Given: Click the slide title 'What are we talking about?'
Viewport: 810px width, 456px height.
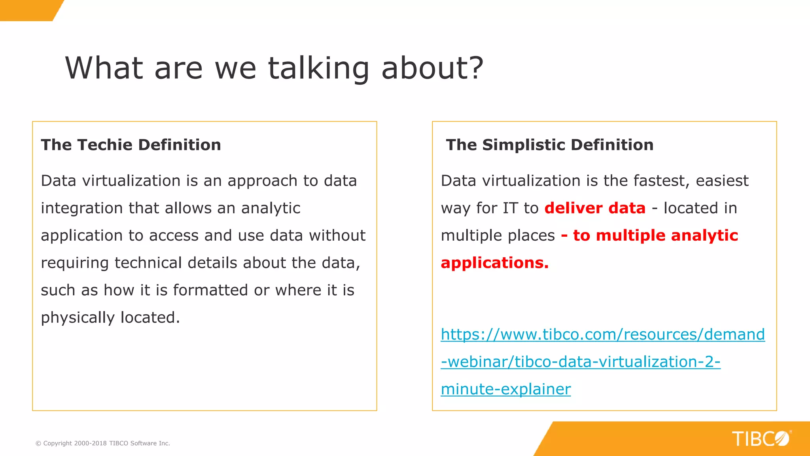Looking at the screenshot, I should (274, 68).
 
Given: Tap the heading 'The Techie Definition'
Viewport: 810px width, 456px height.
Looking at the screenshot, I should (131, 145).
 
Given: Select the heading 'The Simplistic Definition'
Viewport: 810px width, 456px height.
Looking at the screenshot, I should (549, 145).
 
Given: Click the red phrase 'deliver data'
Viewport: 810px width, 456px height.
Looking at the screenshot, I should (595, 208).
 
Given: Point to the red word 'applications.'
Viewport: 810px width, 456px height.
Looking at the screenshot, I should (494, 263).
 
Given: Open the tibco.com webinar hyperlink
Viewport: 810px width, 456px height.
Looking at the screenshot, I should (602, 335).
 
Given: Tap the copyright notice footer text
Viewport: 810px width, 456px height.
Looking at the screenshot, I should (103, 443).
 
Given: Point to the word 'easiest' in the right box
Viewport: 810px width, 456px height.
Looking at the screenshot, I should (722, 181).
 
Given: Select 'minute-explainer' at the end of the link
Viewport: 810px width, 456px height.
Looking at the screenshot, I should (505, 389).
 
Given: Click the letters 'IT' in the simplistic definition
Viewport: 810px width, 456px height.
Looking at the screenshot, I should (510, 208).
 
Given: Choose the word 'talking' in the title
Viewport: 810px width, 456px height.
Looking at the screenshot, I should (318, 68).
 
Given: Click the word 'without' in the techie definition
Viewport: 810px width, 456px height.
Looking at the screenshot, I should (337, 236).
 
